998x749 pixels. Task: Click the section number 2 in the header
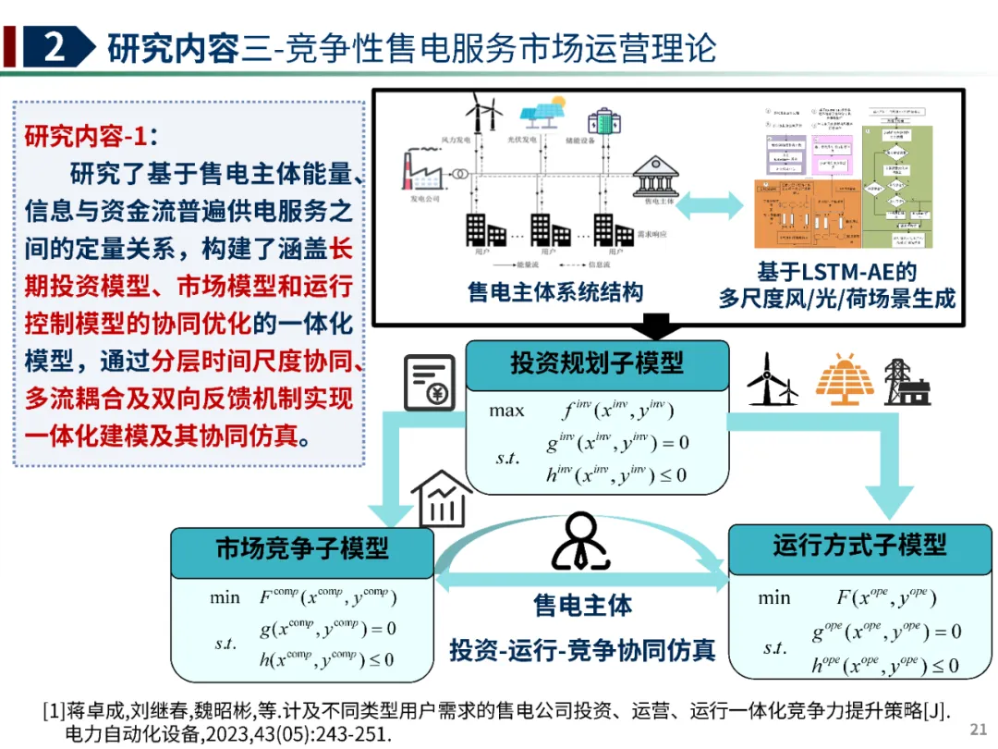click(54, 47)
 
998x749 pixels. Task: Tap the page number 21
click(978, 730)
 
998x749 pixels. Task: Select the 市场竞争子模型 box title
click(302, 548)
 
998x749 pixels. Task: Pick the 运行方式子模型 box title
click(859, 545)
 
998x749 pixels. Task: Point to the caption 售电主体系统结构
click(554, 293)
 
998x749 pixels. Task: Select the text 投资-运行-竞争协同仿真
click(582, 650)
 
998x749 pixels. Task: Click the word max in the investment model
click(507, 411)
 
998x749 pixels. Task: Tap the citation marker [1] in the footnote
click(53, 711)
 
